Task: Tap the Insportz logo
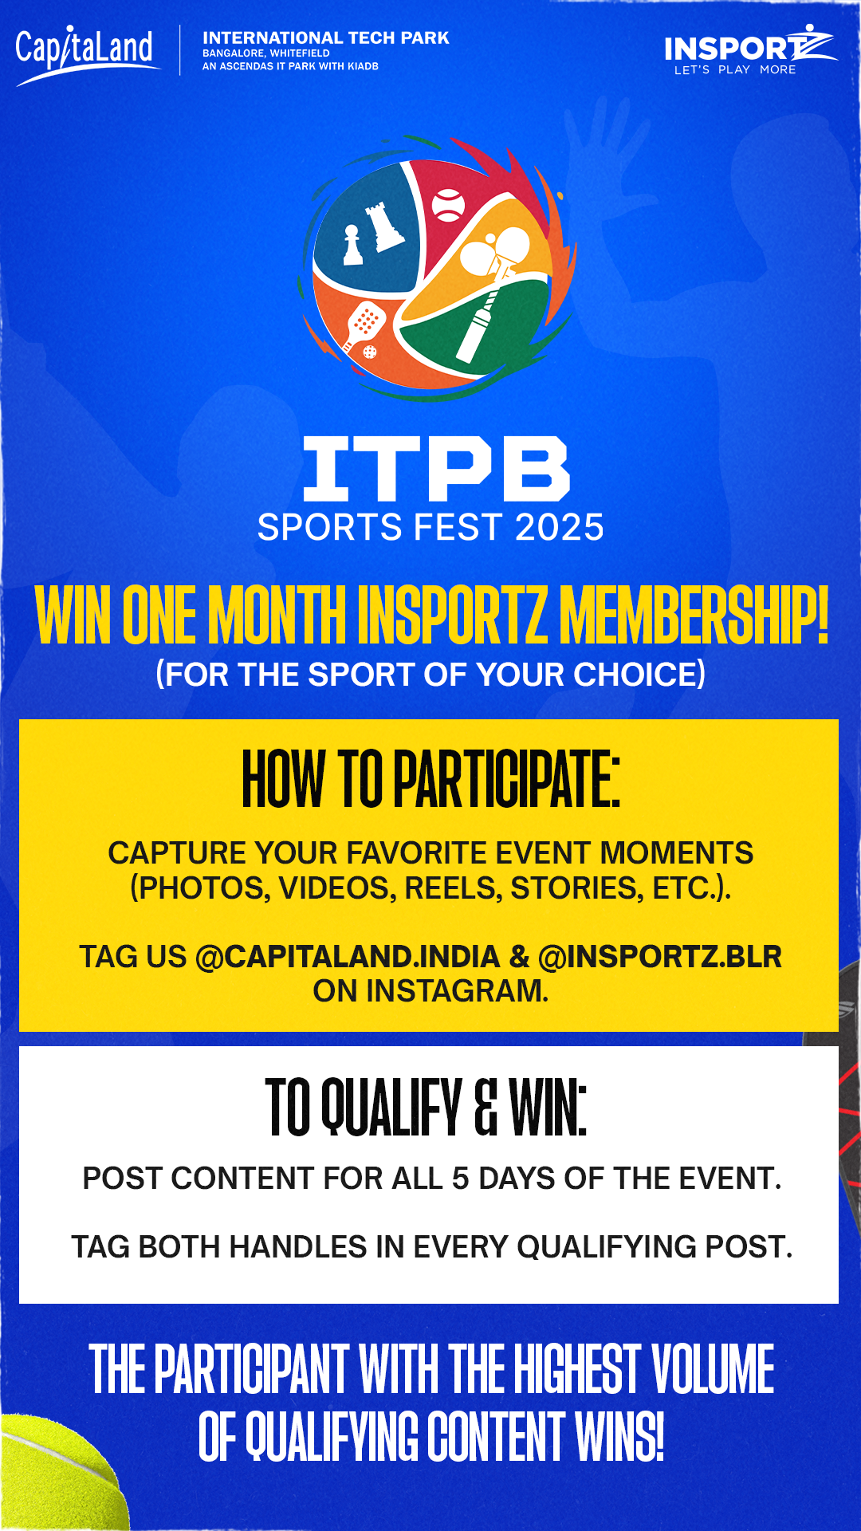[x=750, y=50]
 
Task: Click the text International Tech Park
[x=326, y=37]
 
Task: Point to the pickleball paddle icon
[x=363, y=329]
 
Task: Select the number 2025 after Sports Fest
[x=560, y=528]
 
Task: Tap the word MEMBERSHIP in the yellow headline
[x=694, y=614]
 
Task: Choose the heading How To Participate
[x=431, y=778]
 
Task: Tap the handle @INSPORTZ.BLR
[x=660, y=957]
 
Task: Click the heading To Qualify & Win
[x=427, y=1107]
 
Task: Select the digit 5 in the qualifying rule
[x=461, y=1179]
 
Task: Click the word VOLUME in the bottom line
[x=714, y=1369]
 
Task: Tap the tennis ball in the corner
[x=60, y=1475]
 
